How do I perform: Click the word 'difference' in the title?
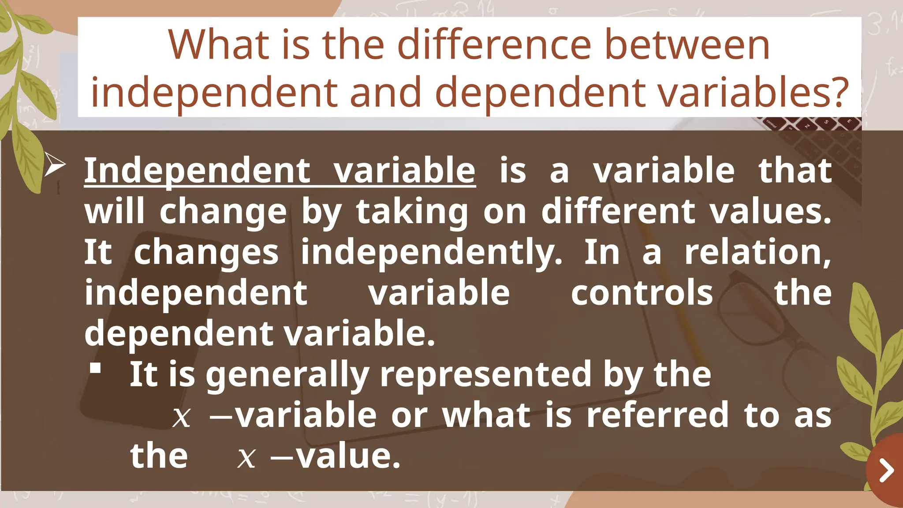(x=494, y=45)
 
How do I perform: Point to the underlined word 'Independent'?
(x=198, y=171)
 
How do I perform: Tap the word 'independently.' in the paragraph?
(x=432, y=253)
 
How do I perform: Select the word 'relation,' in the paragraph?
(x=758, y=252)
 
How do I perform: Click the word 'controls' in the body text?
(x=642, y=293)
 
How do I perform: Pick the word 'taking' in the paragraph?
(x=412, y=213)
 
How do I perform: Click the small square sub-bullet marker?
(x=95, y=368)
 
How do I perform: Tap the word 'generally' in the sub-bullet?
(x=287, y=375)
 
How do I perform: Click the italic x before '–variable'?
(x=181, y=416)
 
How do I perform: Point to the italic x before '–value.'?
(x=246, y=457)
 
